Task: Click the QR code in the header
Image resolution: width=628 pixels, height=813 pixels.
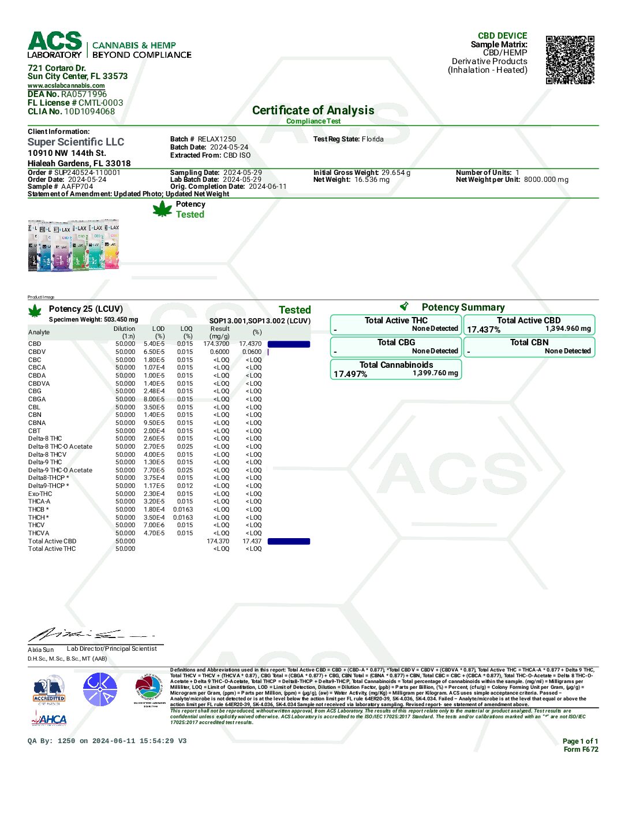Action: (x=570, y=60)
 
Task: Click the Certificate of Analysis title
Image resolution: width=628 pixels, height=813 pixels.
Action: (x=313, y=110)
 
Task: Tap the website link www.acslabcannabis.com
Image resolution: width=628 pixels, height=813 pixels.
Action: (x=66, y=85)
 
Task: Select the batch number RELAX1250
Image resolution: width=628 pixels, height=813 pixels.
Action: (x=216, y=139)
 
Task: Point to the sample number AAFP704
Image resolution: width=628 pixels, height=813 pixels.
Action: (x=77, y=187)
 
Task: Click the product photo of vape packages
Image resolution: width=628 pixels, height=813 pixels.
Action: (x=73, y=245)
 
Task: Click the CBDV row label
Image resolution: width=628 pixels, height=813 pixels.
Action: (x=37, y=352)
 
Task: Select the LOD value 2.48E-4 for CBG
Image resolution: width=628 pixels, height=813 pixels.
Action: (x=154, y=391)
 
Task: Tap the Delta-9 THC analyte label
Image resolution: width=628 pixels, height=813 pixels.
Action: (x=45, y=462)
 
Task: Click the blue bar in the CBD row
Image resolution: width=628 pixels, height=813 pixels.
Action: (x=289, y=344)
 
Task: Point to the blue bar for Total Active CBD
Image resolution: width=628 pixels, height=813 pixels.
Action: (x=289, y=542)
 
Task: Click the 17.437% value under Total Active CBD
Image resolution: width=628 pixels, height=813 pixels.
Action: (x=484, y=330)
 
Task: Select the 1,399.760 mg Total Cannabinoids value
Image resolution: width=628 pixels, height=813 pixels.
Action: (x=435, y=373)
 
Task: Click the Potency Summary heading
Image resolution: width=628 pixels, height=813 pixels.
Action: (x=463, y=307)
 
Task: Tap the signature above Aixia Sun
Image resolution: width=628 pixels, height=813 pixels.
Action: (x=87, y=635)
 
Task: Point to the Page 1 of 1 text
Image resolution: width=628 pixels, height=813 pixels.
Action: (x=580, y=741)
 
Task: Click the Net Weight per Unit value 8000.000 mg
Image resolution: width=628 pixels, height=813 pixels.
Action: (x=546, y=180)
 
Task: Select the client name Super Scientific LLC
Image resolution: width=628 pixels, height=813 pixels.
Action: (x=76, y=142)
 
